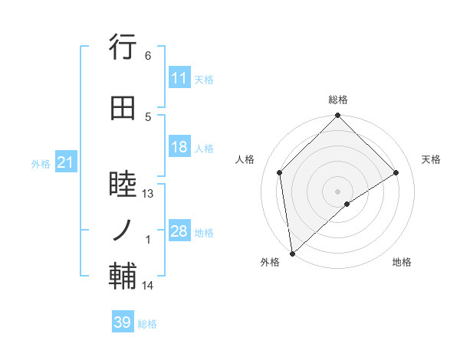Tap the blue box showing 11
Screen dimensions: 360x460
[179, 78]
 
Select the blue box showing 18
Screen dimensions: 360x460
[179, 147]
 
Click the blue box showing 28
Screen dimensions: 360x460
[179, 231]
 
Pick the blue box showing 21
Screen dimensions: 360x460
[65, 162]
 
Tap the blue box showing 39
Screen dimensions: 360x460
[123, 323]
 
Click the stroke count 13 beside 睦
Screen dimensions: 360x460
[148, 194]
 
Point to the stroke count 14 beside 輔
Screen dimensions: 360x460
[148, 286]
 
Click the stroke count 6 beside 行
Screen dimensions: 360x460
[147, 56]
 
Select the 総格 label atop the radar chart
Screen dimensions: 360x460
[338, 100]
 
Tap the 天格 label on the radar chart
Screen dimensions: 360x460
[432, 159]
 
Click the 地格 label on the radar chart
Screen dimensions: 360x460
[402, 262]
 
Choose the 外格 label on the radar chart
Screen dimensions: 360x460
[270, 262]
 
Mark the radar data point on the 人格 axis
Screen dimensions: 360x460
[280, 172]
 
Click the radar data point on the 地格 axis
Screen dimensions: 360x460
[347, 204]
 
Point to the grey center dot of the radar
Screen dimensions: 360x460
[338, 191]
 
